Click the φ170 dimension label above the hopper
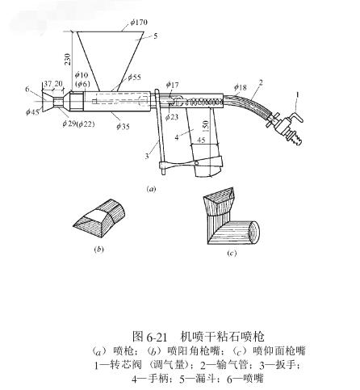[x=139, y=22]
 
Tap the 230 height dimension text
[x=67, y=59]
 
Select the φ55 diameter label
[x=134, y=78]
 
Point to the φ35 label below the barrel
[x=123, y=126]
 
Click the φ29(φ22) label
[x=78, y=124]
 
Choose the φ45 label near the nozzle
[x=32, y=111]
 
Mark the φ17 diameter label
[x=172, y=85]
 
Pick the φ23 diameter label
[x=172, y=117]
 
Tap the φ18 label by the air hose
[x=241, y=87]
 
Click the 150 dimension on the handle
[x=205, y=126]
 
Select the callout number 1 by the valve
[x=297, y=94]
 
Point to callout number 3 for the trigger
[x=147, y=156]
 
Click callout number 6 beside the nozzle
[x=27, y=89]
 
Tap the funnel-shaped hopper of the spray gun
[x=110, y=61]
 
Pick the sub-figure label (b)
[x=98, y=250]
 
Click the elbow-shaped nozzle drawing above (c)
[x=232, y=216]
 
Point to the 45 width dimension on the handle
[x=201, y=140]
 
